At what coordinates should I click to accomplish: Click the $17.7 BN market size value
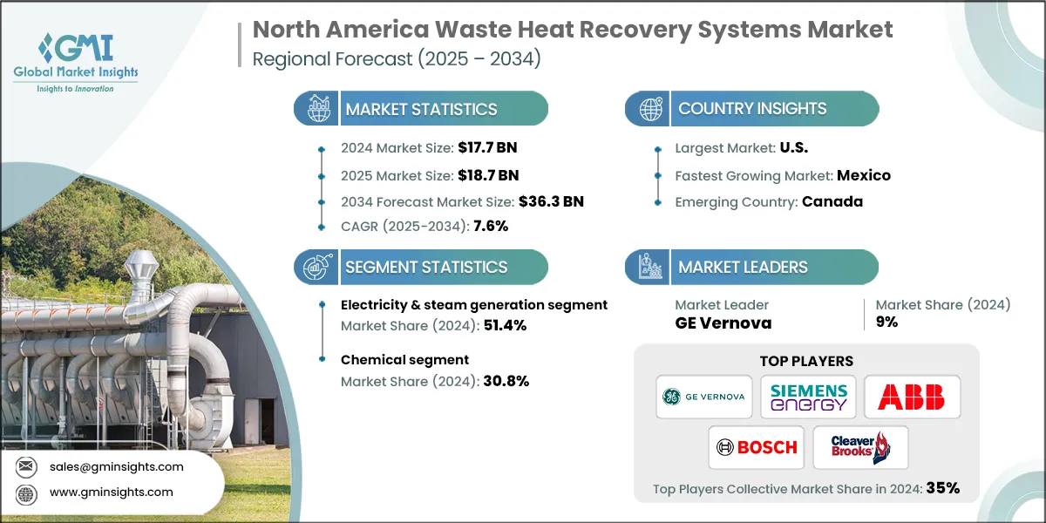[480, 148]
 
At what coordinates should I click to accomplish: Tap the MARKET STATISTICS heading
[421, 109]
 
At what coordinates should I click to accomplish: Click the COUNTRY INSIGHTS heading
[752, 109]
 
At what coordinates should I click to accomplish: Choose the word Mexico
[864, 175]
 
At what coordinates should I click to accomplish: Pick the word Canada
[832, 201]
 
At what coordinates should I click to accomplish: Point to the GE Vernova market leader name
[723, 323]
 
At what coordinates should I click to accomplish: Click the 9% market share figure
[886, 323]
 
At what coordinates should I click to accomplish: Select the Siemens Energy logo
[808, 397]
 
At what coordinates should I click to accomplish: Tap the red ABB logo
[911, 397]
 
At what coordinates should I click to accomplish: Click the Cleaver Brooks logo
[860, 447]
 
